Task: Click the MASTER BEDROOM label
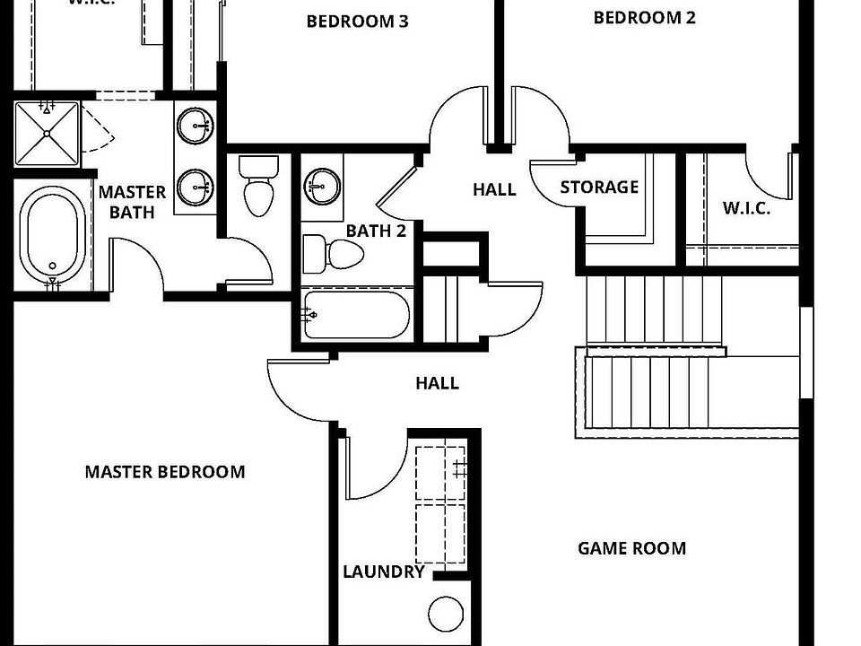(164, 472)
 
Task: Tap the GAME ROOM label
(631, 548)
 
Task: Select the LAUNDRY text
(383, 572)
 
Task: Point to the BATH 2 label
(376, 231)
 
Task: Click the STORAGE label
(599, 188)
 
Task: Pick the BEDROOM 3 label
(357, 22)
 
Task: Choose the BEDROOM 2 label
(644, 17)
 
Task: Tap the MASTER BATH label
(132, 202)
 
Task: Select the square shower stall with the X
(47, 135)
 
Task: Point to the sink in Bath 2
(322, 187)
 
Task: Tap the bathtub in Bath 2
(356, 315)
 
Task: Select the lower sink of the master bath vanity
(195, 188)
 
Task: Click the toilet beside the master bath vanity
(259, 187)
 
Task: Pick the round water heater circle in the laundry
(446, 615)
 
